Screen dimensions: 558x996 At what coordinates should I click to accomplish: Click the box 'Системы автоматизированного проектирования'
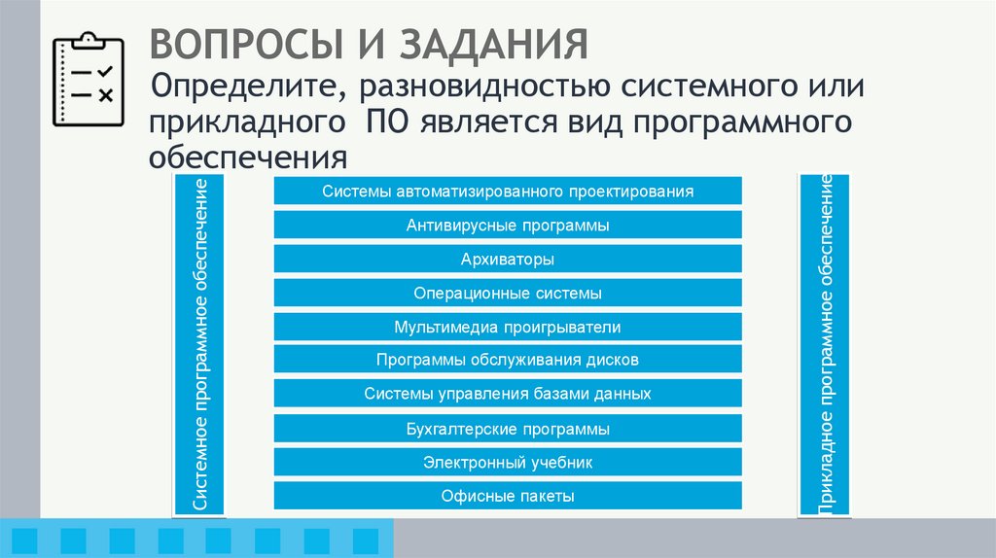coord(508,192)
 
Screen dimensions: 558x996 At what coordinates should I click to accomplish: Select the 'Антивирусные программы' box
coord(508,226)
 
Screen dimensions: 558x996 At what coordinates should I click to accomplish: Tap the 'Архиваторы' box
coord(508,260)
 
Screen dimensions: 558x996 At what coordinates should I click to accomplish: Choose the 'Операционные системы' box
coord(508,293)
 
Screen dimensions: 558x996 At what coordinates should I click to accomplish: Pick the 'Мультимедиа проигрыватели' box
coord(508,327)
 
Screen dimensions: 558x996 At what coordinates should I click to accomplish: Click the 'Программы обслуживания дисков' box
coord(508,361)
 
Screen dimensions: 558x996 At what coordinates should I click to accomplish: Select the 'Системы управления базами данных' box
coord(508,394)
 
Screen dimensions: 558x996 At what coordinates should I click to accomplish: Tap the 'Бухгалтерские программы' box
coord(508,429)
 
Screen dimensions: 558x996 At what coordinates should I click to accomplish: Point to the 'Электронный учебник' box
coord(508,463)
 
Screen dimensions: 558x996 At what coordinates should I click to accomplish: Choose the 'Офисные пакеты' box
coord(508,496)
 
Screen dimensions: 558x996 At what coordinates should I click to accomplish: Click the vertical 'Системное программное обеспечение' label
coord(199,344)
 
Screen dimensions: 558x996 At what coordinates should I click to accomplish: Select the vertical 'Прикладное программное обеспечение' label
coord(825,344)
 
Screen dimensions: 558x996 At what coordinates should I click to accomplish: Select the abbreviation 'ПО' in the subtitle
coord(382,123)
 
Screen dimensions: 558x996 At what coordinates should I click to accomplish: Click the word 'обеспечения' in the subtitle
coord(248,157)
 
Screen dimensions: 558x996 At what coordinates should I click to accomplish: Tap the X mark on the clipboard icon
coord(106,95)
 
